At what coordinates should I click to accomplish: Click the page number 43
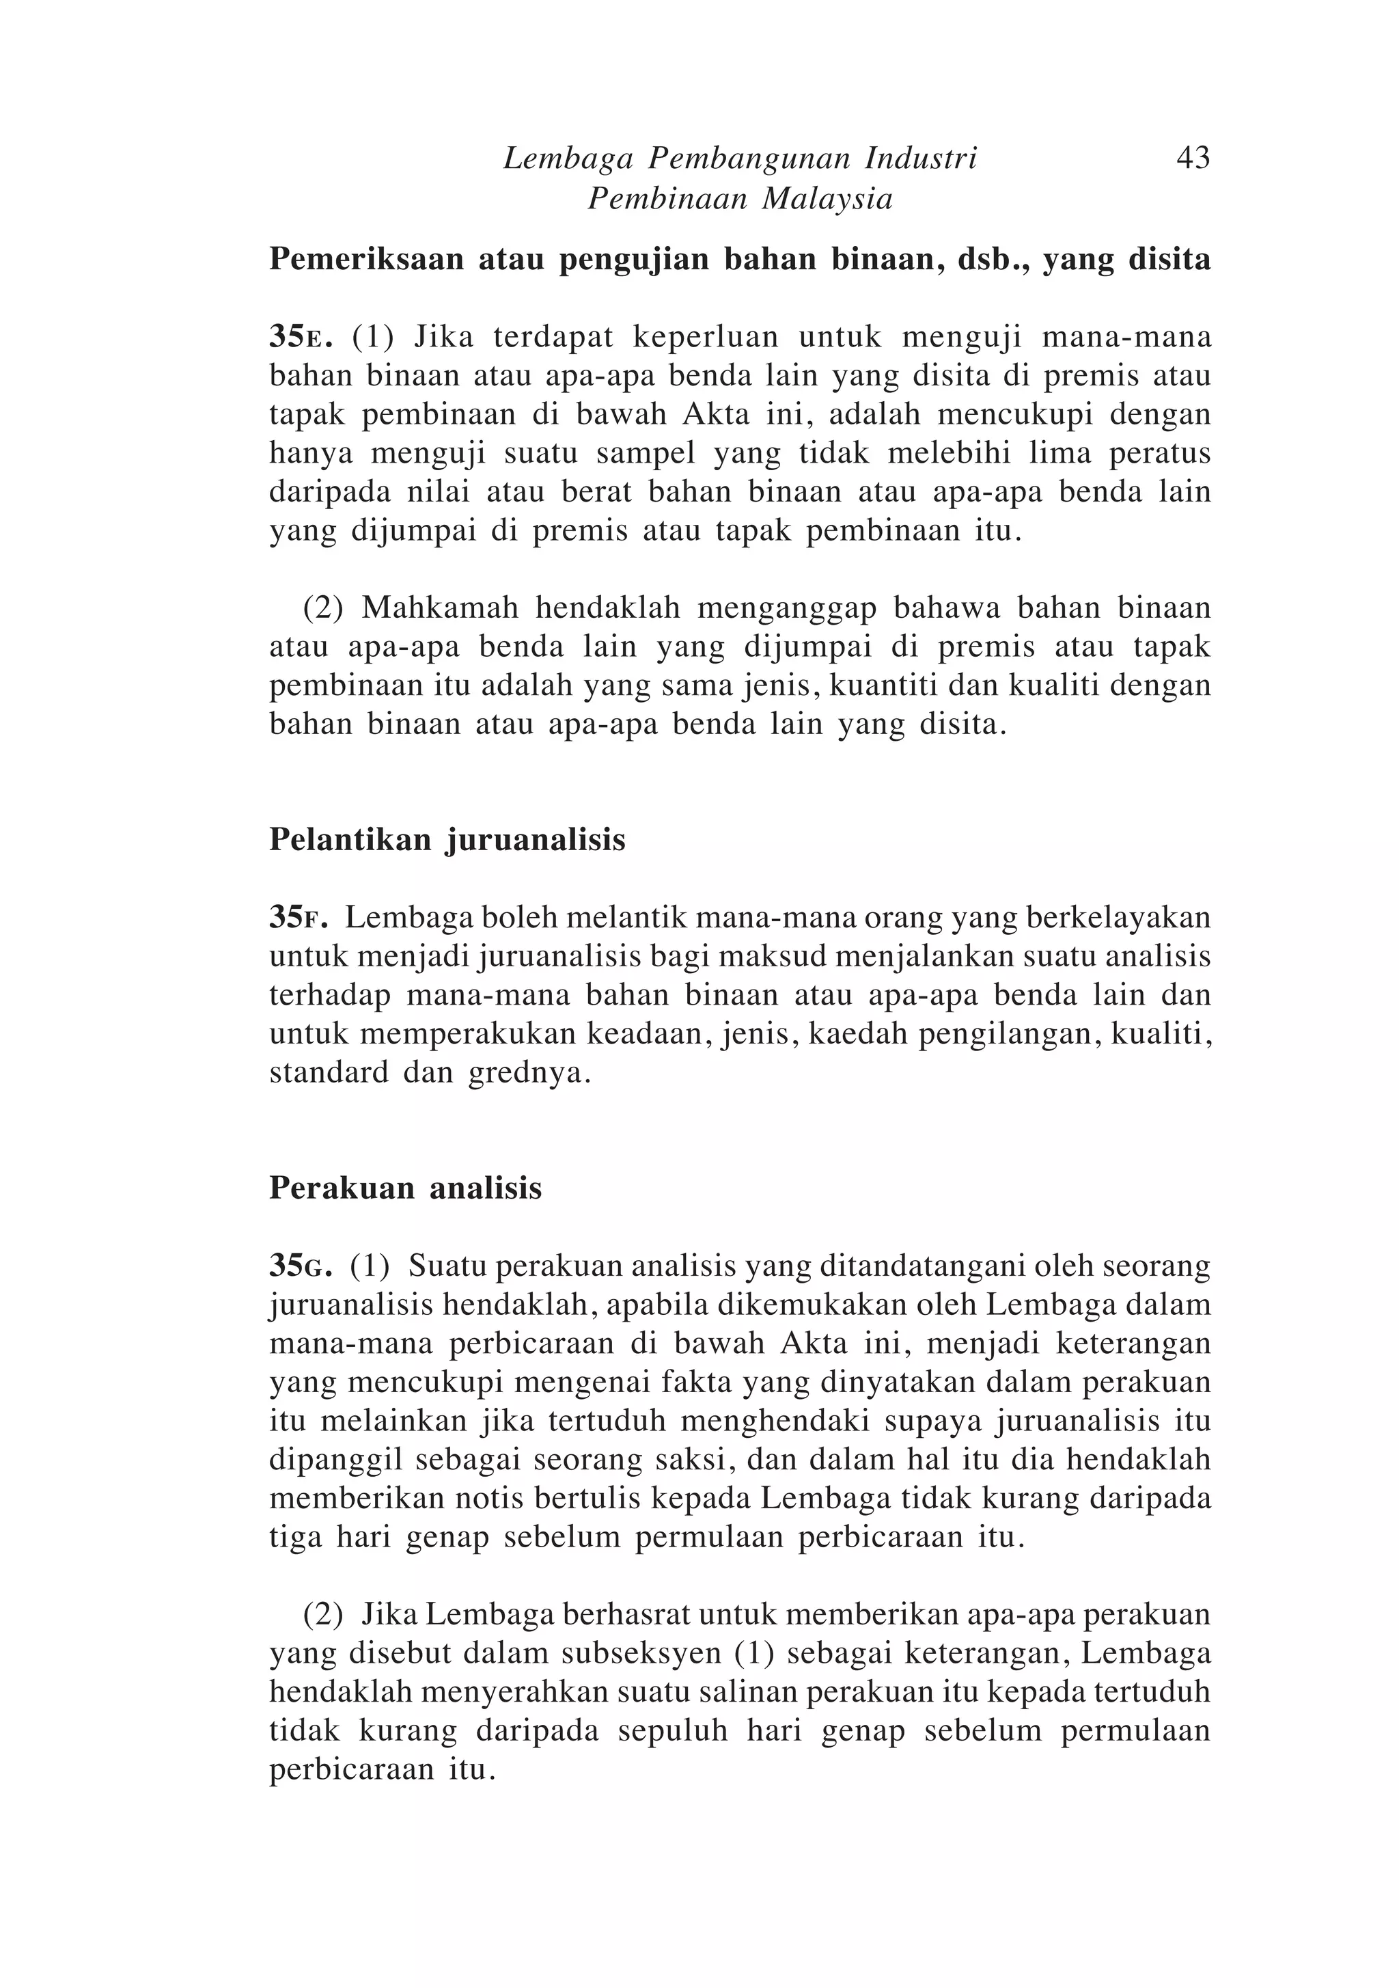pos(1192,159)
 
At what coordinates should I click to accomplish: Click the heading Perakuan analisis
pos(405,1188)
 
